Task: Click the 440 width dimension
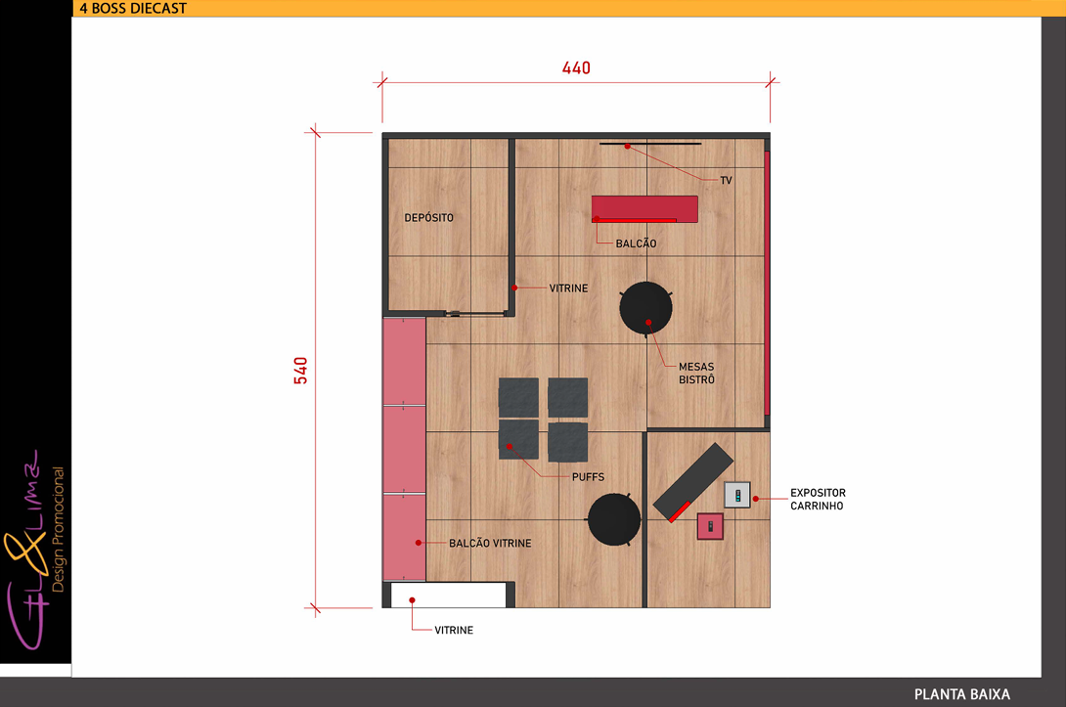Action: coord(576,68)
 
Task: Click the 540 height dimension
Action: coord(300,371)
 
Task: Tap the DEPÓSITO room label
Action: coord(428,217)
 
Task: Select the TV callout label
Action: coord(726,180)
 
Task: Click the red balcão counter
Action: coord(644,208)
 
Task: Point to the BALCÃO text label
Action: coord(637,243)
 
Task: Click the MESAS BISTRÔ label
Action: coord(697,374)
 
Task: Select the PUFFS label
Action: coord(588,477)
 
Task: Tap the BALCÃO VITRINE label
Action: coord(490,543)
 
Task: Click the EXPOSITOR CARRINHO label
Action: coord(818,499)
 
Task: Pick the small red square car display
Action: coord(710,526)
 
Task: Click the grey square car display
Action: coord(737,495)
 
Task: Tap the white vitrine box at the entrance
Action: coord(449,595)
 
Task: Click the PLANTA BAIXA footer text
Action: coord(962,694)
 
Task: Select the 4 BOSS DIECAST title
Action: coord(133,8)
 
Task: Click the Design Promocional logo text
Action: coord(58,529)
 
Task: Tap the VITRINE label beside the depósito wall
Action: coord(568,288)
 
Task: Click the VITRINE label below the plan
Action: coord(454,630)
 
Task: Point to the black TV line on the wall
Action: coord(650,144)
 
